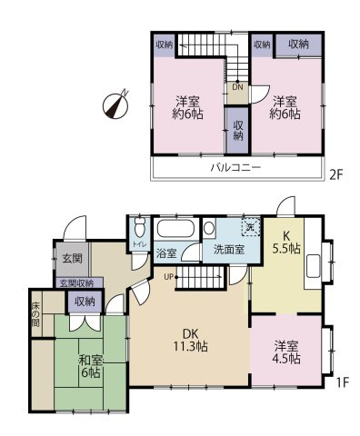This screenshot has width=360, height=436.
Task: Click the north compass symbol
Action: [115, 104]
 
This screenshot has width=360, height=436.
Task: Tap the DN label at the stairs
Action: [237, 87]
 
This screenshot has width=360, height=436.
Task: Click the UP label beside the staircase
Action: [168, 276]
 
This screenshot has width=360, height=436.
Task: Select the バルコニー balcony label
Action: [235, 167]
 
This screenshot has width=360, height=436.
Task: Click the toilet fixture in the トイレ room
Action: [140, 227]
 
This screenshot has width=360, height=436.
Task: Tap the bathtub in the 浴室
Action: [175, 229]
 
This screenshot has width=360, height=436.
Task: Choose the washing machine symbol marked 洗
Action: [251, 226]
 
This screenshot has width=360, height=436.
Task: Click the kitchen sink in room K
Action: [314, 266]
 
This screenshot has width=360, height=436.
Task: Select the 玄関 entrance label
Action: [72, 258]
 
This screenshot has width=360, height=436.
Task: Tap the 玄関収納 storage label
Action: [76, 283]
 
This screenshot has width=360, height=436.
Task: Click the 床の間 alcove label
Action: [35, 314]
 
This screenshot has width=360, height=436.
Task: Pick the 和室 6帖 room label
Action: [91, 366]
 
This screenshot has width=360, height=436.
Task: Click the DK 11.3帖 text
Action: [190, 340]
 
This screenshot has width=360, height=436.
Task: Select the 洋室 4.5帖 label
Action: [286, 352]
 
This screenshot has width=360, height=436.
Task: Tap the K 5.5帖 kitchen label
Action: [286, 243]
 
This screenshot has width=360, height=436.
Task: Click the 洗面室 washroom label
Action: [229, 250]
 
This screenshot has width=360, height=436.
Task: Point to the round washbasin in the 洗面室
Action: [209, 228]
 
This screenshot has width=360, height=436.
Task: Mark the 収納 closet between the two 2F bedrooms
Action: [238, 131]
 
